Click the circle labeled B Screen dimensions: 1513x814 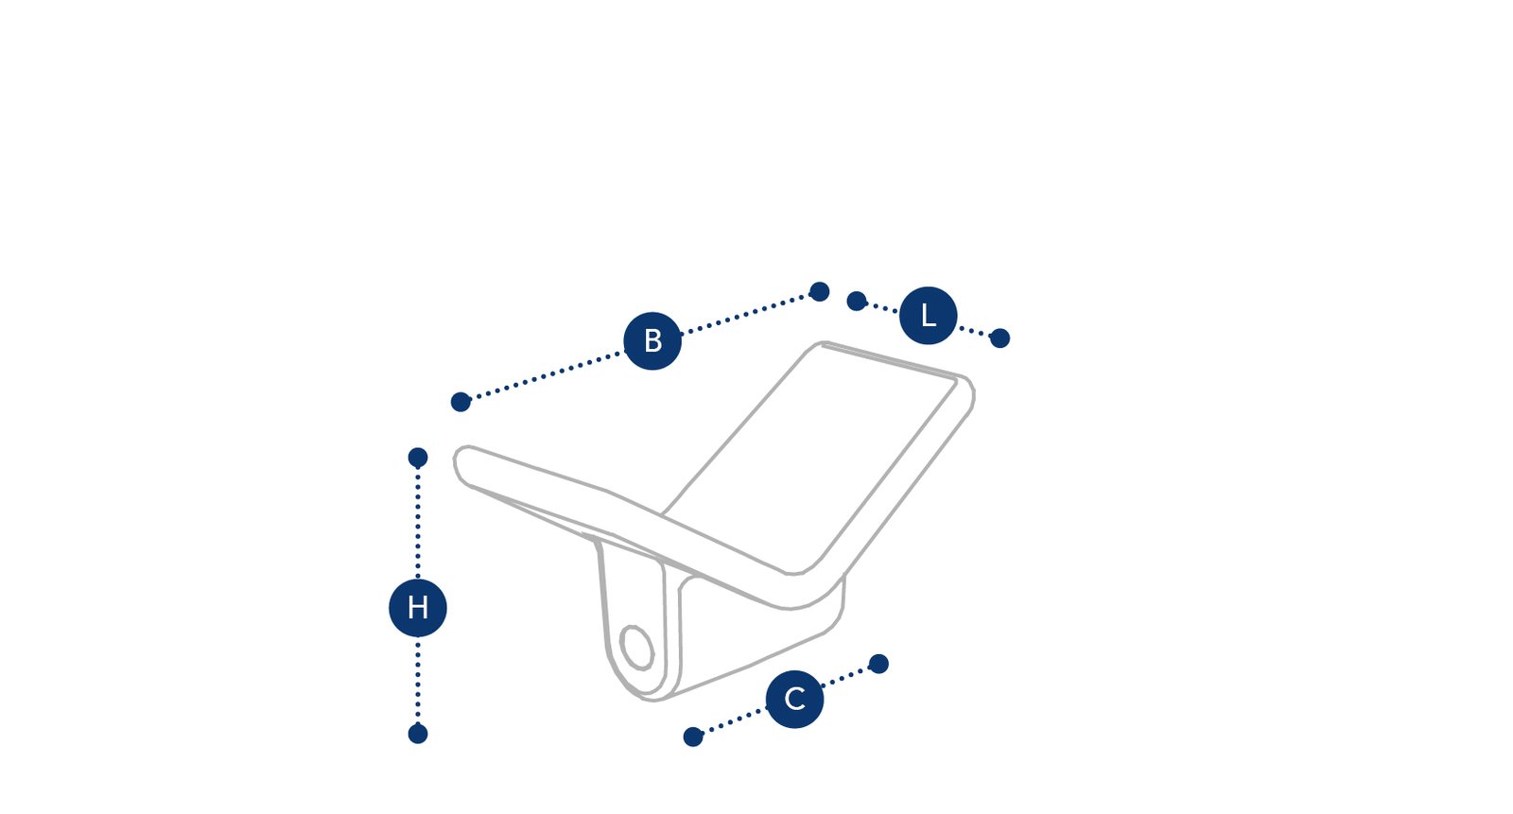[x=652, y=341]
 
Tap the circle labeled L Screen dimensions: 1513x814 [x=928, y=316]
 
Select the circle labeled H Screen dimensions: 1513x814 [x=417, y=608]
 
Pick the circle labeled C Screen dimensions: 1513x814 [x=794, y=700]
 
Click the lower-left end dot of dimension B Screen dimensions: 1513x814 [x=461, y=402]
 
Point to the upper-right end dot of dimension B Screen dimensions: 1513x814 [x=819, y=292]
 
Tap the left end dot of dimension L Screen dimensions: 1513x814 [x=857, y=302]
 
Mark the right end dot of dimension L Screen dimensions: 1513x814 [x=1000, y=338]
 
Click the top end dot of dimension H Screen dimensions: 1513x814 [x=418, y=458]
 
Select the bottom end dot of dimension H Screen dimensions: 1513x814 [x=418, y=734]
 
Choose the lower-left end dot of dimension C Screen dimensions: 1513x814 [x=693, y=737]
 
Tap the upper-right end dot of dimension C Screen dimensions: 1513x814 [x=878, y=664]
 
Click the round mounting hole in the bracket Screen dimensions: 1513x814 [x=637, y=648]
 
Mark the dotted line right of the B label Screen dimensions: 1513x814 [x=745, y=314]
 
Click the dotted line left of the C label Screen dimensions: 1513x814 [x=734, y=721]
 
